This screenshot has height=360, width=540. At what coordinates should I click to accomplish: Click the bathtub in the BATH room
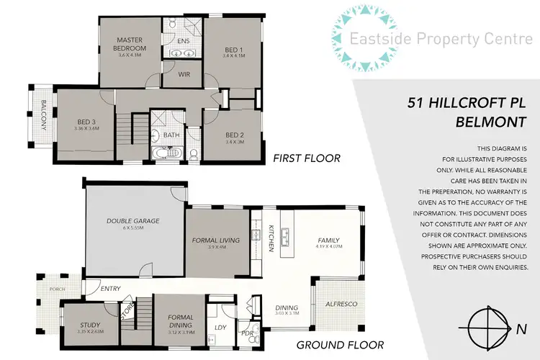coord(161,153)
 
